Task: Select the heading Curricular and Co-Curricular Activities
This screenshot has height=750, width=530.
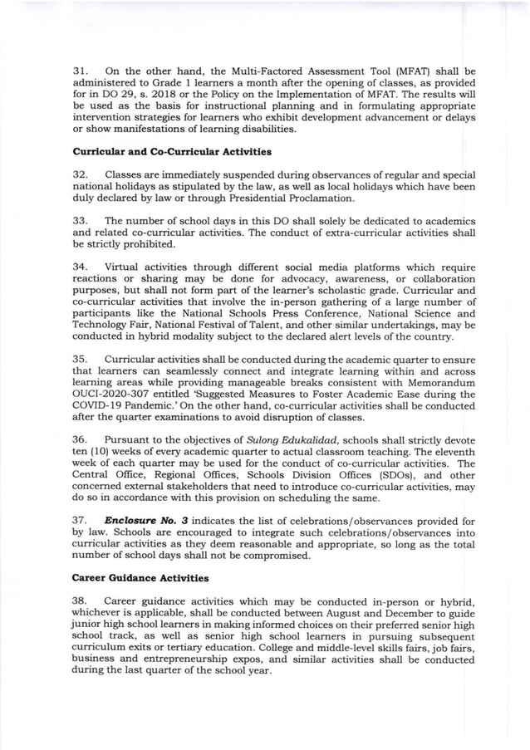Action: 170,152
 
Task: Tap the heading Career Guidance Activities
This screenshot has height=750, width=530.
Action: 140,577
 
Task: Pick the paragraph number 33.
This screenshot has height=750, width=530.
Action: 81,220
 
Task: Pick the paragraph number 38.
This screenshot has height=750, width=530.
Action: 81,600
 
